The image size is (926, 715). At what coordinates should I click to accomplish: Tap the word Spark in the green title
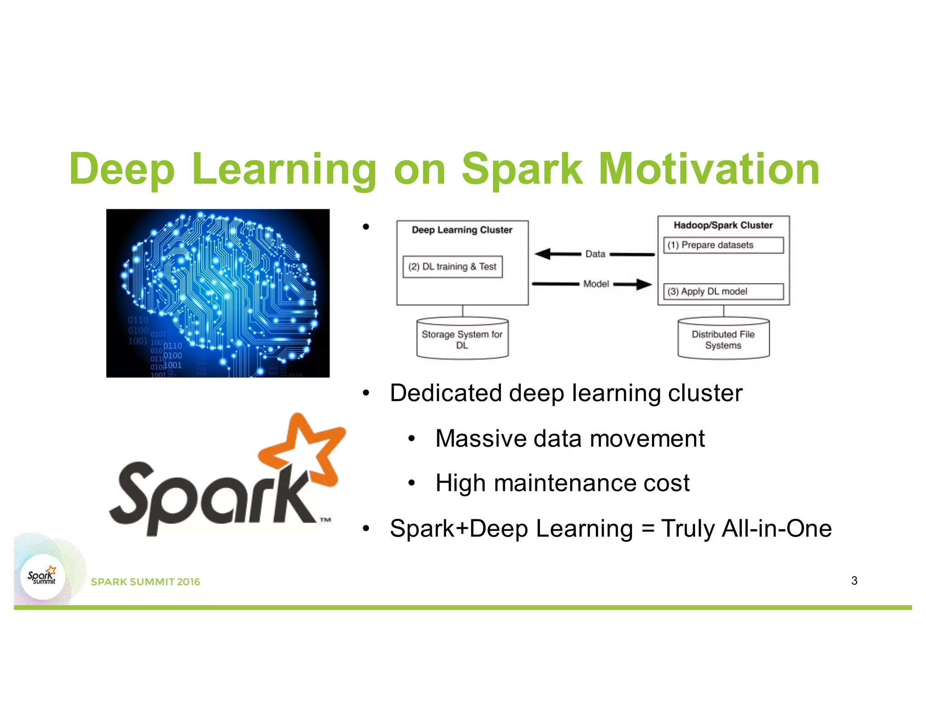click(522, 170)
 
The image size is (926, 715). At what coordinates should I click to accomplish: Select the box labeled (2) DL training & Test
click(452, 267)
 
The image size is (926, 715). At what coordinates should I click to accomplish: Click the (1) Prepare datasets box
click(723, 245)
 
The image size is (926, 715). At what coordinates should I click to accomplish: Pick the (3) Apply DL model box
click(723, 292)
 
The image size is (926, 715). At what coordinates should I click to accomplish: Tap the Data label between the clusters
click(595, 254)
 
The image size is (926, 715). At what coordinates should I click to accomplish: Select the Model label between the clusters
click(596, 284)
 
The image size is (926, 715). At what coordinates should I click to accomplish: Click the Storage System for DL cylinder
click(462, 339)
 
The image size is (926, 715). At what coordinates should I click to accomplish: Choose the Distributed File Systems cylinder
click(723, 339)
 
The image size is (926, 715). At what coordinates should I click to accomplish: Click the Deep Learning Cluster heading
click(462, 230)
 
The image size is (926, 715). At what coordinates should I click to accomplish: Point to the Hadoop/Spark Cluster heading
click(723, 225)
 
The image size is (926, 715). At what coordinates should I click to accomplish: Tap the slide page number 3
click(854, 581)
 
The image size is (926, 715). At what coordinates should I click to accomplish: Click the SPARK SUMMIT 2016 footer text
click(145, 582)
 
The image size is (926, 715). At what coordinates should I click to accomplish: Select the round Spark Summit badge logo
click(43, 577)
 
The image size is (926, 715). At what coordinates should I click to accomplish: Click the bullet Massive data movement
click(569, 438)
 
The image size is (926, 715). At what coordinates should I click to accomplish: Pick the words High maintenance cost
click(562, 483)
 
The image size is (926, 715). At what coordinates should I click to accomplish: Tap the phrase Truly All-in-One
click(746, 528)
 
